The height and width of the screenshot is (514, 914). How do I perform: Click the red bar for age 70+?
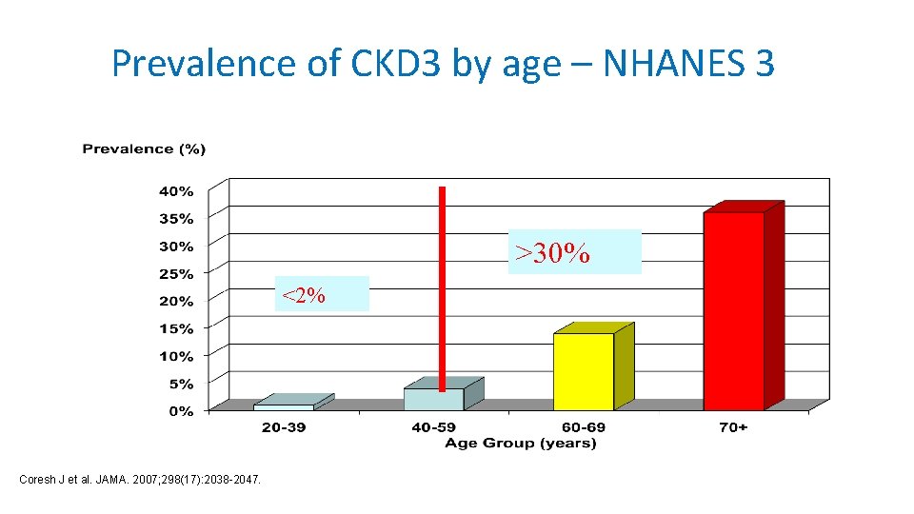[x=734, y=310]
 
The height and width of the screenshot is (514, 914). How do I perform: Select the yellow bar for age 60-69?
[x=584, y=371]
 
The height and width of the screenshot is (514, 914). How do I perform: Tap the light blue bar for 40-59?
[x=433, y=399]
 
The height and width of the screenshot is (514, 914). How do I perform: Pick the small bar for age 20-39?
[x=284, y=406]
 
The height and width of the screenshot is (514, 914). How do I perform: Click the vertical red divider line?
[x=442, y=286]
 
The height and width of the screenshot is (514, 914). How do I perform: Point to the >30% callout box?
[x=574, y=252]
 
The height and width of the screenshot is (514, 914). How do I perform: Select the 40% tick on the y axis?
[x=175, y=190]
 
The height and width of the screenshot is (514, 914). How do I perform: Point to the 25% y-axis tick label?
[x=175, y=273]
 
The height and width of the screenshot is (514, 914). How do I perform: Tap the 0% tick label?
[x=181, y=411]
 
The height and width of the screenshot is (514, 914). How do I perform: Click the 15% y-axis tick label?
[x=175, y=328]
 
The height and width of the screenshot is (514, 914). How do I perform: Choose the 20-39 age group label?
[x=284, y=427]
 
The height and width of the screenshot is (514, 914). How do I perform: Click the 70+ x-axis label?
[x=733, y=427]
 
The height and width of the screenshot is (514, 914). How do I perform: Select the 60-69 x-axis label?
[x=583, y=427]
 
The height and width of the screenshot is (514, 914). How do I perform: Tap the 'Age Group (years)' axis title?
[x=520, y=443]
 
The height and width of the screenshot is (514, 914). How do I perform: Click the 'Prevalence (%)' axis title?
[x=144, y=148]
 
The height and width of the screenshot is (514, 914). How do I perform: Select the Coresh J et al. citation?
[x=140, y=478]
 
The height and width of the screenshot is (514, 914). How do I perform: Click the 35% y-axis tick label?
[x=175, y=218]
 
